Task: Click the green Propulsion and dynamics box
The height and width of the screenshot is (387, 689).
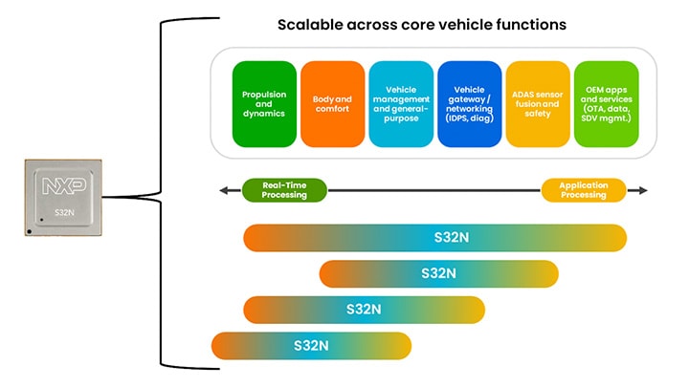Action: (263, 104)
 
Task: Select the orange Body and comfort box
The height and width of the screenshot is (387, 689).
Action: (331, 104)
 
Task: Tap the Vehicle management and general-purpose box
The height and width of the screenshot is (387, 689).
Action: (399, 104)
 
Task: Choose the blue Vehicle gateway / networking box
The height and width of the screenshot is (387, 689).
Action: (469, 104)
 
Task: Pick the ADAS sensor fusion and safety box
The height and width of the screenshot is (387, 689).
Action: (538, 104)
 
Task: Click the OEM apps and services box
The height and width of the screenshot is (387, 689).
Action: (606, 104)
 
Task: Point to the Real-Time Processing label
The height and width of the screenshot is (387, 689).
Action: (284, 190)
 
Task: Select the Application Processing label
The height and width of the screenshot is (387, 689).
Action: (584, 190)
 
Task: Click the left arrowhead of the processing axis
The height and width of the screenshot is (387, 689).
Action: (223, 190)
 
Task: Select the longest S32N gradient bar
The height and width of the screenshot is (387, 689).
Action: (435, 237)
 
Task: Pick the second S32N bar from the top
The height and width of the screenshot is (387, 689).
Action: (438, 273)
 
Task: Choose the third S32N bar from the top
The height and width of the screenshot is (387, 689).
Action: (365, 310)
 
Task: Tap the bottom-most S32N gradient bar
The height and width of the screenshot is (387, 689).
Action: (311, 345)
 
